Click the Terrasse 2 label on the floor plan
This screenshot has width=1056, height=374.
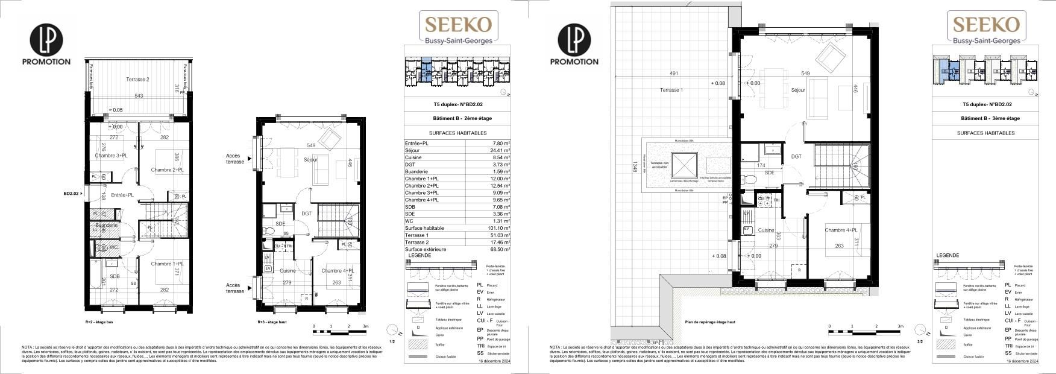(x=137, y=80)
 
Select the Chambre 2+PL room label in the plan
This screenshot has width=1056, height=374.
(x=167, y=170)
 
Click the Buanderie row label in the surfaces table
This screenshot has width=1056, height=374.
(x=418, y=171)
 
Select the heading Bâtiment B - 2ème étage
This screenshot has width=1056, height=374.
(x=457, y=119)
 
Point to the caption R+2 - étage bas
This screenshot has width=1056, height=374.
(x=99, y=322)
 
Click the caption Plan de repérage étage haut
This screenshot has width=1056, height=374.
(x=710, y=322)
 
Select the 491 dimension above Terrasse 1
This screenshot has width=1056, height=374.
(x=674, y=74)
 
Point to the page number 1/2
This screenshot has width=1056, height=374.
(x=392, y=341)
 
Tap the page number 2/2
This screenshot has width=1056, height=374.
(x=920, y=341)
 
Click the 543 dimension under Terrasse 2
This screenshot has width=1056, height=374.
(x=139, y=96)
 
